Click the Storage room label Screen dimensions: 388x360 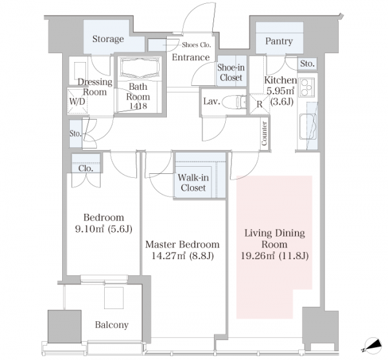tap(108, 39)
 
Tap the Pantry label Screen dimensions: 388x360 tap(279, 41)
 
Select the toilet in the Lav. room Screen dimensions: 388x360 tap(234, 102)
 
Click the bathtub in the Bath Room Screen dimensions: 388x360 tap(140, 67)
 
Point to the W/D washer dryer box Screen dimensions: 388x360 tap(77, 101)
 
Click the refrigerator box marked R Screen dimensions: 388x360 tap(259, 104)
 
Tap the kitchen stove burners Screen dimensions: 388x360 tap(307, 87)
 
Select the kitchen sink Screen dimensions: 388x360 tap(308, 126)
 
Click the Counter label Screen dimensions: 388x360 tap(264, 133)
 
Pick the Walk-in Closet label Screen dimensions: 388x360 tap(193, 183)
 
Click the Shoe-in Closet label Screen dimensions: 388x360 tap(231, 72)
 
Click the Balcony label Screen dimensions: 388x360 tap(112, 324)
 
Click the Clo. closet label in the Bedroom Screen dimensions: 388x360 tap(86, 169)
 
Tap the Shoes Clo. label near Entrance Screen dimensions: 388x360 tap(197, 45)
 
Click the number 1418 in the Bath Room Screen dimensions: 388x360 tap(138, 106)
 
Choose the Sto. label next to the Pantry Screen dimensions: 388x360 tap(307, 64)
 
